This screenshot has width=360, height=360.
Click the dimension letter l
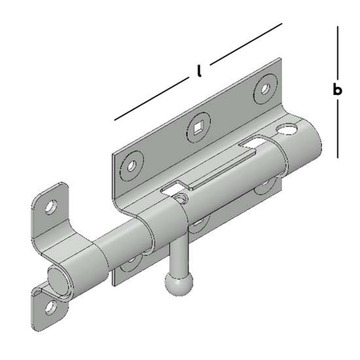point(200,71)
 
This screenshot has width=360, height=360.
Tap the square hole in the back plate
point(198,128)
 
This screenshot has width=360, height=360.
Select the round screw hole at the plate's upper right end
point(265,88)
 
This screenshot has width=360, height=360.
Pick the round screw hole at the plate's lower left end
point(132,166)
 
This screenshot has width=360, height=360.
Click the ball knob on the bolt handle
point(179,285)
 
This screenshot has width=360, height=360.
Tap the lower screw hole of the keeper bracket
point(51,307)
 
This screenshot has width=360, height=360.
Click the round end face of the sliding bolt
point(58,281)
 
